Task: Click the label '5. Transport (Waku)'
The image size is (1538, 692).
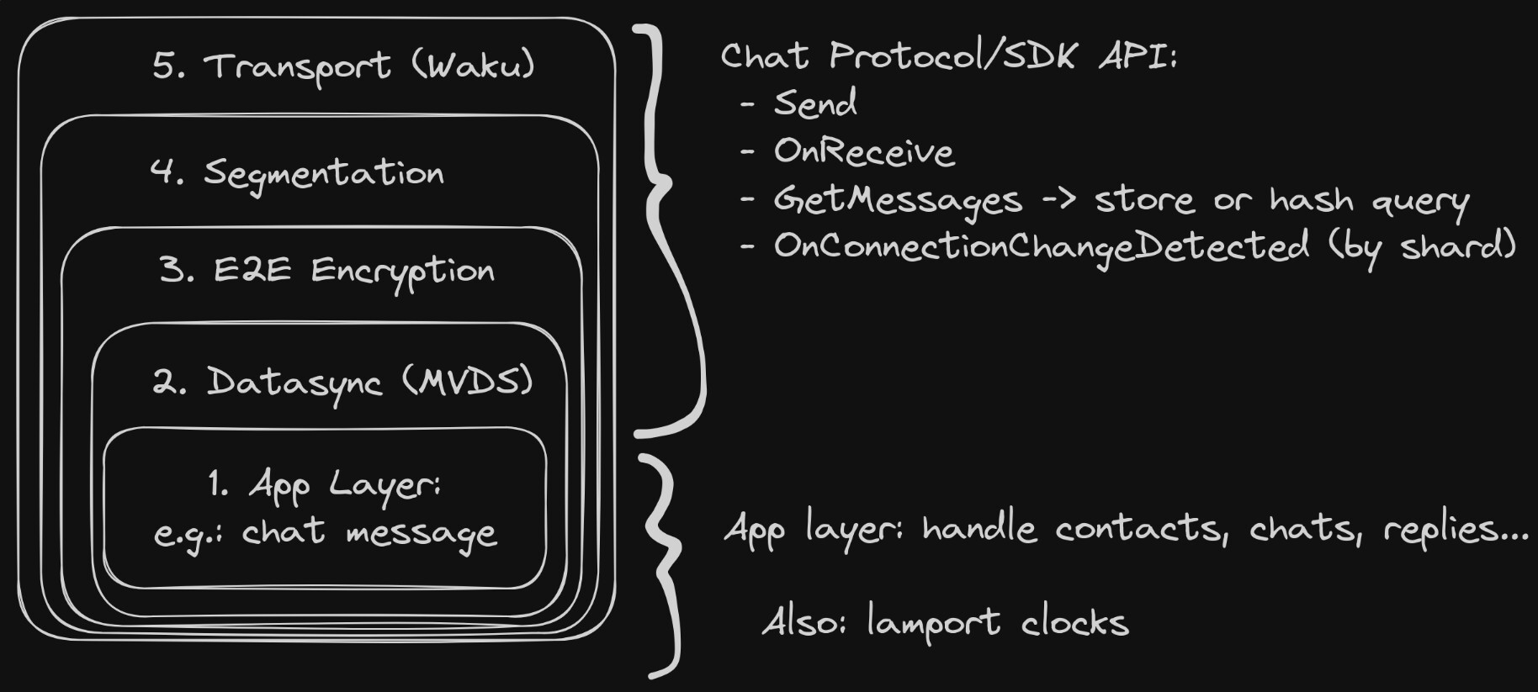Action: tap(343, 66)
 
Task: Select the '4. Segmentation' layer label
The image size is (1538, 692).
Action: tap(297, 173)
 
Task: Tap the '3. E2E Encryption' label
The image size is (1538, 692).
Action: tap(327, 271)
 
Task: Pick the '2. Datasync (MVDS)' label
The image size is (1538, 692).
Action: tap(342, 382)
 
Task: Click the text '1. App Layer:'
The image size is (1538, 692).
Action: tap(324, 485)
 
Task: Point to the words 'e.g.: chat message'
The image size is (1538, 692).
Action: tap(326, 533)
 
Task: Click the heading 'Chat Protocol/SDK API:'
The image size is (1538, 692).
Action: tap(948, 56)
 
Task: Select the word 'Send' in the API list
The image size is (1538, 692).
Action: tap(814, 103)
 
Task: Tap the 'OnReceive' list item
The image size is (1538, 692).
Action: tap(863, 151)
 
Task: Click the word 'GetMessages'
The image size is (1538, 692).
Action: tap(897, 200)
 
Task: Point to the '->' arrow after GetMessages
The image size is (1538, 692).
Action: tap(1058, 200)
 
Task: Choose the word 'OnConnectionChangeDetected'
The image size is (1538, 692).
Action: tap(1041, 246)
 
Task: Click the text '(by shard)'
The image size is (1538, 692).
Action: tap(1422, 246)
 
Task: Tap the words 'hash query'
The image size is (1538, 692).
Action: tap(1369, 201)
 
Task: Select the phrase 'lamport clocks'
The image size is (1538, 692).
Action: tap(997, 623)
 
